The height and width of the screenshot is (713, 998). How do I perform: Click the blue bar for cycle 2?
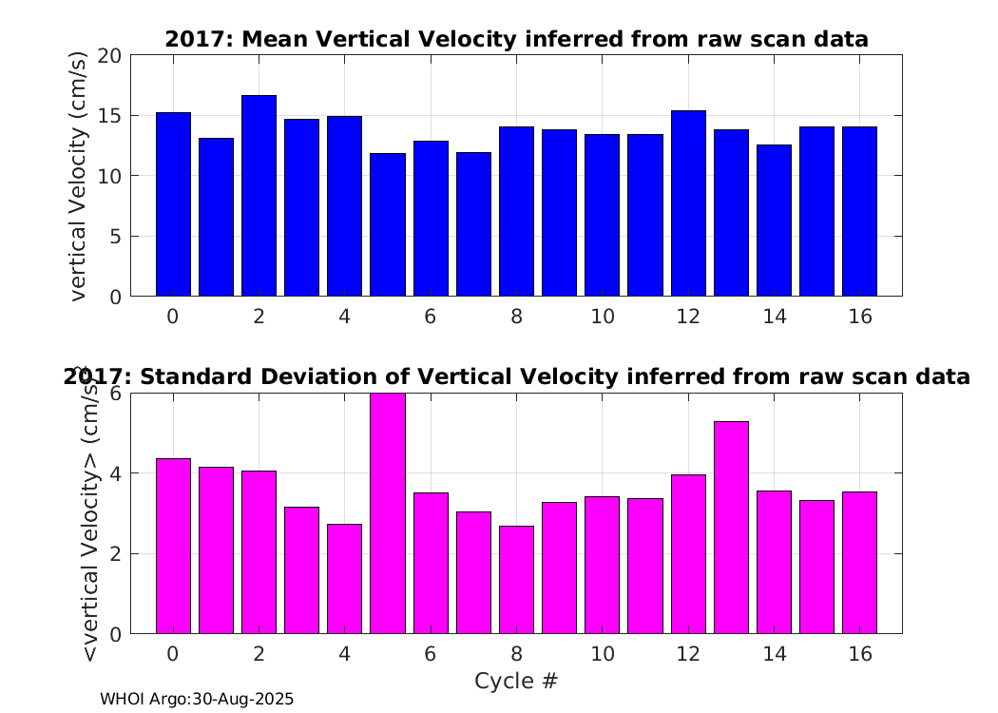click(259, 196)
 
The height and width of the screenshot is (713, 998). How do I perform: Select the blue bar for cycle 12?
click(688, 203)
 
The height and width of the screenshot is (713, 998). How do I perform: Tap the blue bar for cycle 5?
click(388, 224)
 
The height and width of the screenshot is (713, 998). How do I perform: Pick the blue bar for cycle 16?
click(860, 211)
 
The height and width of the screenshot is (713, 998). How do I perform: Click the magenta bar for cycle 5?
click(388, 513)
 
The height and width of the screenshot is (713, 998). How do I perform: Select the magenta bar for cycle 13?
click(731, 528)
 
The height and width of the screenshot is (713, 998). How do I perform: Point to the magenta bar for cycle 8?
click(516, 580)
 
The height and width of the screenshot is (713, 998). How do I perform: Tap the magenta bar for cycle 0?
click(173, 547)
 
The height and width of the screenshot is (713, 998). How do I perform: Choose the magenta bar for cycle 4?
click(344, 579)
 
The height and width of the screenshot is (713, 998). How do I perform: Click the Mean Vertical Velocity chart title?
click(516, 40)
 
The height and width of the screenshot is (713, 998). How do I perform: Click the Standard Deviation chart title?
click(516, 376)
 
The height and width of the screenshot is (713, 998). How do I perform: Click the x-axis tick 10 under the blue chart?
click(602, 316)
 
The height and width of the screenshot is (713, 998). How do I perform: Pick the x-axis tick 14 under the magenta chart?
click(774, 653)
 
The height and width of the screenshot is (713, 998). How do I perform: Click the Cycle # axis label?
click(516, 681)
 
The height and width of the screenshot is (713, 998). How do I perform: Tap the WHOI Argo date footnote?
click(197, 699)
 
